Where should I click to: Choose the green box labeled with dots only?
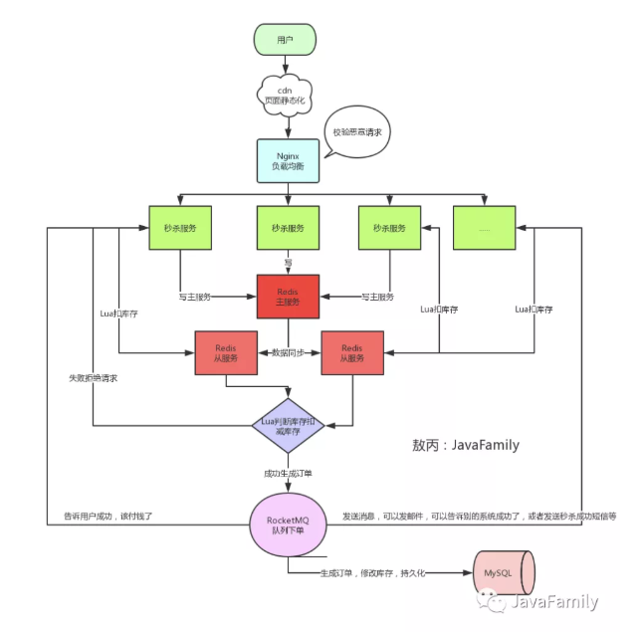point(485,228)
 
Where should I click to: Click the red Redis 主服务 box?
point(288,296)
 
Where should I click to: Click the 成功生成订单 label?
point(288,471)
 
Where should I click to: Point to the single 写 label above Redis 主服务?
point(288,262)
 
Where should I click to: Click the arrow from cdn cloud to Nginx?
point(288,127)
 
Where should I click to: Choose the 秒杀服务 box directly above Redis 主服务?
point(288,228)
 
